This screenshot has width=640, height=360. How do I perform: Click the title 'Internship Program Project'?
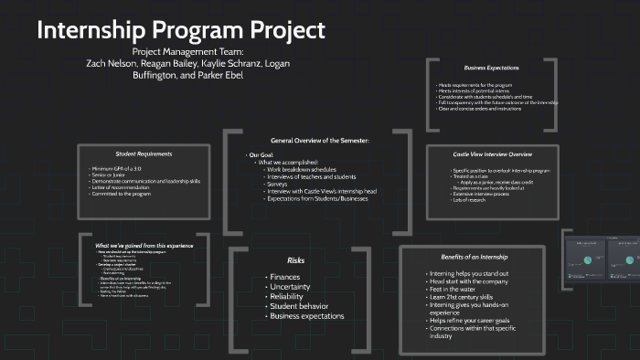click(180, 30)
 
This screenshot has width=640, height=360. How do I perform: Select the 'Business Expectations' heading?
click(491, 69)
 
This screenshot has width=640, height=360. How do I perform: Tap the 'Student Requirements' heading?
click(144, 153)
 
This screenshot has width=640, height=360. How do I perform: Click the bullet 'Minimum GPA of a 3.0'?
click(127, 170)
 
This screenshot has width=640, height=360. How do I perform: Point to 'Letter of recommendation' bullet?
click(131, 187)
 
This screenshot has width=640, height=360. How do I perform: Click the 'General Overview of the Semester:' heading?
click(319, 140)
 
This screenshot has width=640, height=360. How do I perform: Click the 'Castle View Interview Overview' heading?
click(492, 154)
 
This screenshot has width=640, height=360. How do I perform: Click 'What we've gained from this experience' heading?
click(143, 246)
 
